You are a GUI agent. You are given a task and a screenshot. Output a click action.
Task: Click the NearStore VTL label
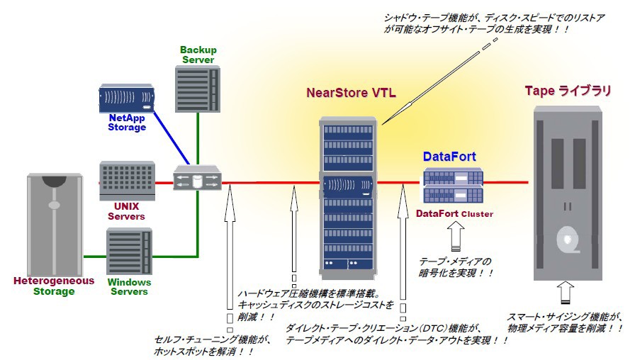[351, 93]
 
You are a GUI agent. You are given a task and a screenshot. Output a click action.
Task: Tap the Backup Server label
[198, 55]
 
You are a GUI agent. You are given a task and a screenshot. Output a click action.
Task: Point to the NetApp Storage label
[127, 123]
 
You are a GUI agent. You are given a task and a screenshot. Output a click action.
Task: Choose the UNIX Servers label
[127, 211]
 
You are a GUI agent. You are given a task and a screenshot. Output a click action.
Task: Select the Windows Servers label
[129, 286]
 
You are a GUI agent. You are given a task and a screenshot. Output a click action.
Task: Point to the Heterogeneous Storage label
[54, 286]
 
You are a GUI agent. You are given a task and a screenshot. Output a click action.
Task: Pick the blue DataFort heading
[449, 157]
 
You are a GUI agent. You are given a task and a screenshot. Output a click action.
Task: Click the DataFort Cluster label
[454, 213]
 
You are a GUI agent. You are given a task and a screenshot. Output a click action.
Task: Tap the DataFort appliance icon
[453, 186]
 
